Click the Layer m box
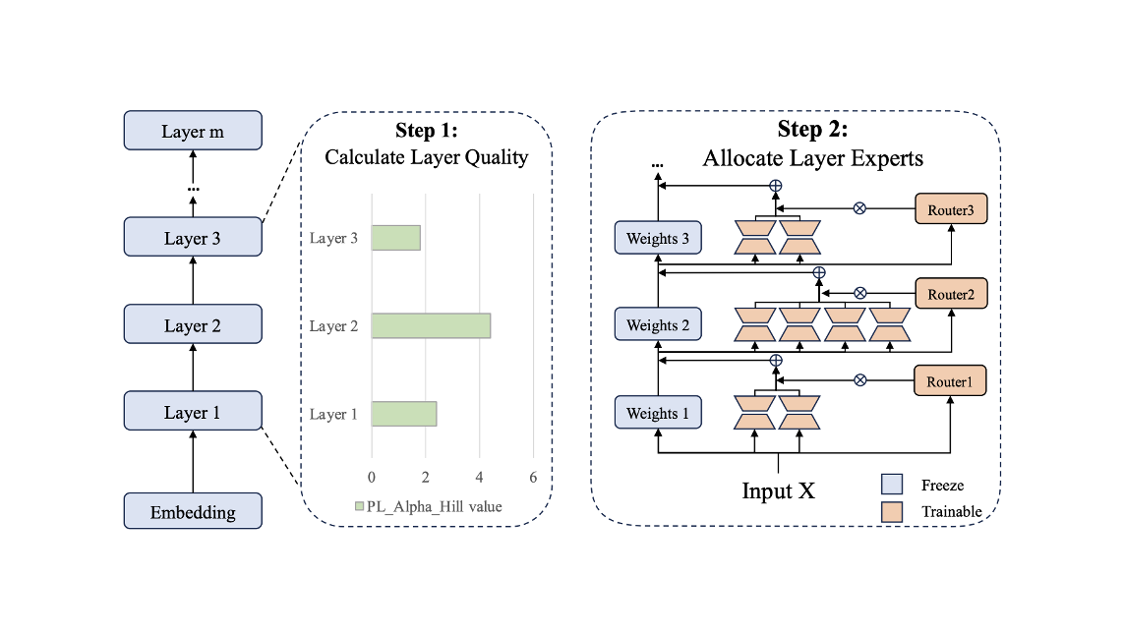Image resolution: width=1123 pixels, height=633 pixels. point(193,132)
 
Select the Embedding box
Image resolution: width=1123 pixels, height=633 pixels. point(193,512)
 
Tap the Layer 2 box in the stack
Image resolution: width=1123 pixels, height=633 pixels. point(193,325)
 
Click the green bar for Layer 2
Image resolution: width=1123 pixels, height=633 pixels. point(431,325)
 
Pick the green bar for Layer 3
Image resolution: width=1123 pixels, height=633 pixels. point(396,238)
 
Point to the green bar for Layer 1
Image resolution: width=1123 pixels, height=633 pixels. point(404,414)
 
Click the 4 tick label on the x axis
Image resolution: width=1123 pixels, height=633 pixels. point(479,477)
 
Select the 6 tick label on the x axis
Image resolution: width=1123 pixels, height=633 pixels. point(533,477)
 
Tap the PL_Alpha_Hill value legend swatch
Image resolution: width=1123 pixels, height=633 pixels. point(359,507)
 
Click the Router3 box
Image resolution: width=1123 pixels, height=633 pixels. point(951,209)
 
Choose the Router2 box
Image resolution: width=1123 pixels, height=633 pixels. point(951,294)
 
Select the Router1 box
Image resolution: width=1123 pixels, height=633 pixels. point(951,379)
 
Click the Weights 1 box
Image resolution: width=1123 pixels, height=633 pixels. point(658,413)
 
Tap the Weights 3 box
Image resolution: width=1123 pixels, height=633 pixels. point(658,239)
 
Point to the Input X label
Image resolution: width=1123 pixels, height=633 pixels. point(778,489)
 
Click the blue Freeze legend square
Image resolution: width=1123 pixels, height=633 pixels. point(891,485)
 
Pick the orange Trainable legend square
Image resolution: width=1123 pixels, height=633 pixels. point(891,511)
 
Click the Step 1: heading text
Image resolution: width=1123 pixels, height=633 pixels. point(427,132)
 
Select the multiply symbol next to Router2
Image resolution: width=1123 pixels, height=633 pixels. point(859,293)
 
